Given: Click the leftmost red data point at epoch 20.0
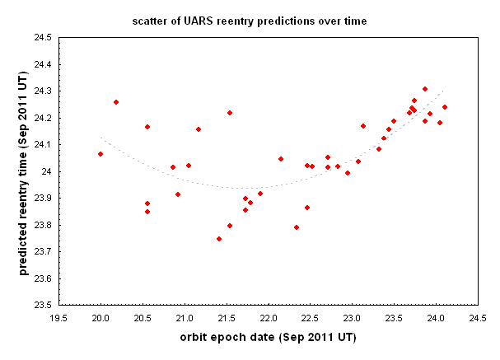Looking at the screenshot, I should (100, 154).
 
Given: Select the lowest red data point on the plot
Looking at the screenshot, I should (219, 239).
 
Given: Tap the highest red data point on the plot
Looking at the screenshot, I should (425, 89).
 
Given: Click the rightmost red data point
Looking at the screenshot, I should (445, 107).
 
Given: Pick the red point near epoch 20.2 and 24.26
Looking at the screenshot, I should (116, 102).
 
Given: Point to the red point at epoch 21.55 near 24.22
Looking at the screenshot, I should (230, 113).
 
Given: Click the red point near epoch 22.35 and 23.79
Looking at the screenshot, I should (297, 227).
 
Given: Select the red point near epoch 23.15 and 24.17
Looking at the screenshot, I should (363, 126).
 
